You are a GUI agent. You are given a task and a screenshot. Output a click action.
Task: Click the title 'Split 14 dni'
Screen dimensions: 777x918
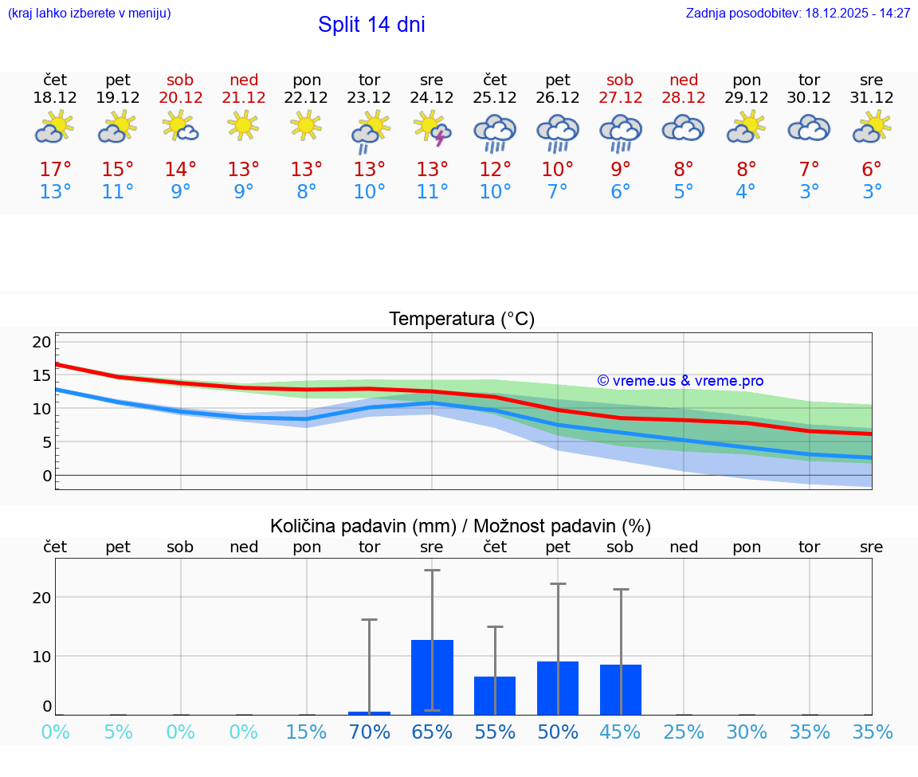tap(371, 25)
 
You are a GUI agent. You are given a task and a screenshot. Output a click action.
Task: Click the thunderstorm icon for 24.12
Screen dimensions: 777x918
tap(432, 128)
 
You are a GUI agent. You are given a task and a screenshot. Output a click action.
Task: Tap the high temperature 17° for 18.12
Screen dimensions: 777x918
tap(55, 170)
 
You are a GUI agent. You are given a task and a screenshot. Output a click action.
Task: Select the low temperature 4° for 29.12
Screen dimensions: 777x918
tap(746, 192)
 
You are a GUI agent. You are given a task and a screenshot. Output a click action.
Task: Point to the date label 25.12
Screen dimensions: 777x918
tap(495, 98)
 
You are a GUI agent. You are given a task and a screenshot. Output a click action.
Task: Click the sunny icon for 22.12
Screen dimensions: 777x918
tap(306, 125)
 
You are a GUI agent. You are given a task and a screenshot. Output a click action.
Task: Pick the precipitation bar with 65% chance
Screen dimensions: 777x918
tap(432, 677)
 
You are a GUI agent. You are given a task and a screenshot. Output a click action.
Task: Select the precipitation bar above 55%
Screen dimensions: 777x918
tap(495, 695)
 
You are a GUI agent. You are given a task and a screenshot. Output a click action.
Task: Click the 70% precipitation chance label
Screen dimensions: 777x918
tap(369, 732)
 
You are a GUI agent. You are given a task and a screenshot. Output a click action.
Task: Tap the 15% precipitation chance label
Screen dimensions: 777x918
tap(306, 732)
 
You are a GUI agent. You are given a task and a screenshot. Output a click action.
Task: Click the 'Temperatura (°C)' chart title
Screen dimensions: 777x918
tap(461, 320)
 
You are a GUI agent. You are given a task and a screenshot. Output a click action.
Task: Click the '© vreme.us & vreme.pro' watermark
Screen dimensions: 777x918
tap(680, 381)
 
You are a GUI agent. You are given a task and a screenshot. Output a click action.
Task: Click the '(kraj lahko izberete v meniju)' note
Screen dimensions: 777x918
tap(89, 14)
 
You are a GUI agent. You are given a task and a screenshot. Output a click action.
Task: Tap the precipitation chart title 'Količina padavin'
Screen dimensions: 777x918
tap(461, 526)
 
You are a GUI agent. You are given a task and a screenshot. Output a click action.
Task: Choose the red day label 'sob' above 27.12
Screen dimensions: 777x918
tap(620, 80)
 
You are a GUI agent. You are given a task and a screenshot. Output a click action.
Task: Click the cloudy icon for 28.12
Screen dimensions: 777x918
tap(684, 128)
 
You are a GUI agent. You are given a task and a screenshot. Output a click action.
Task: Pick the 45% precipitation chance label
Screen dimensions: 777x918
tap(620, 732)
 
